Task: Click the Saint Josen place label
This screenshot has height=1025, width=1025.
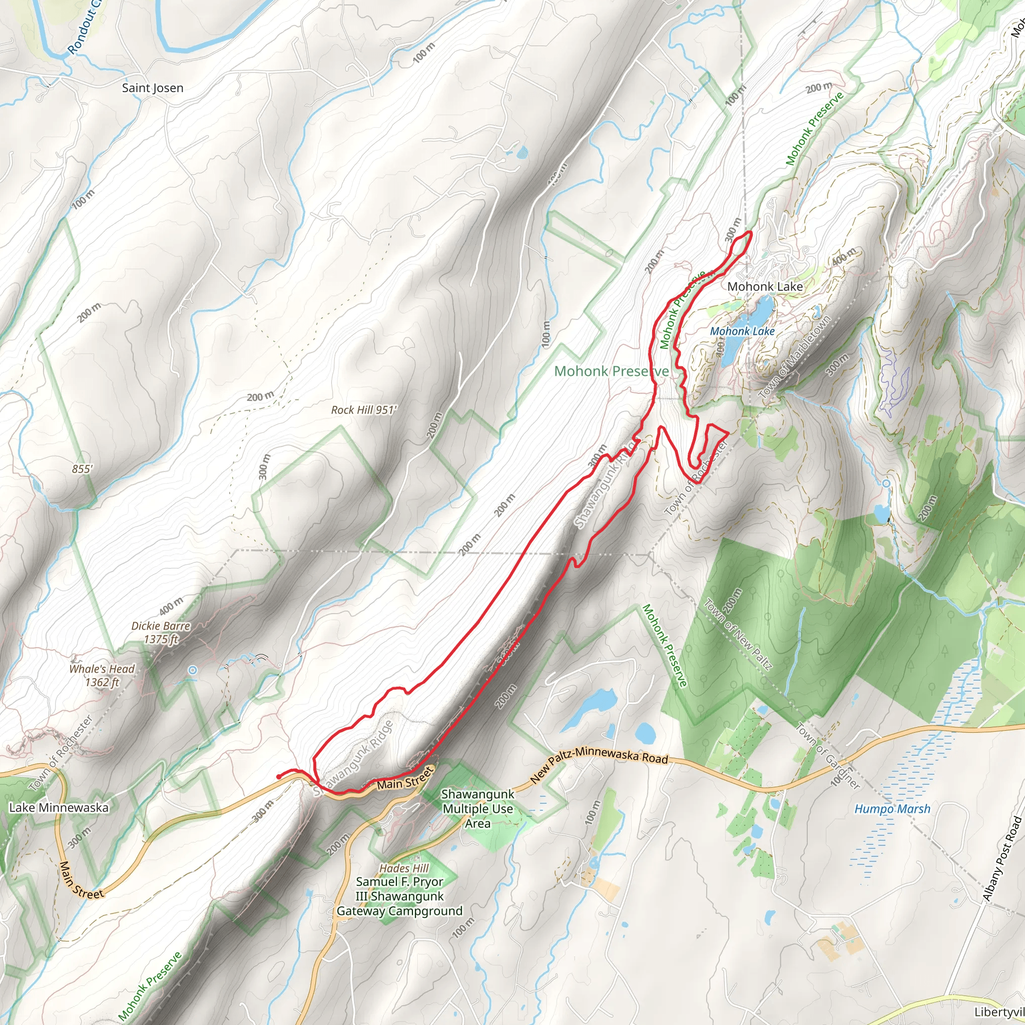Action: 152,88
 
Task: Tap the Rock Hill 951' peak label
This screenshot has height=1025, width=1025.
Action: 363,410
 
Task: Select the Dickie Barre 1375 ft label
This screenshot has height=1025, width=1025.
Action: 161,633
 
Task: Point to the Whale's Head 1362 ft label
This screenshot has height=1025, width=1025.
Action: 102,675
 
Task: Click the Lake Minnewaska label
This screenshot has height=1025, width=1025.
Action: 59,807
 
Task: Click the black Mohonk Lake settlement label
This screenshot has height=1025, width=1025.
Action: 765,286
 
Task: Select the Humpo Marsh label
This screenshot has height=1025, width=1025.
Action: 892,809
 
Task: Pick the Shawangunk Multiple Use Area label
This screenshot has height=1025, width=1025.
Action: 477,809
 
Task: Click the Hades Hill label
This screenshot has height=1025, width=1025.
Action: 404,868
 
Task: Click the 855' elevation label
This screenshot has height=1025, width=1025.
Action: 82,469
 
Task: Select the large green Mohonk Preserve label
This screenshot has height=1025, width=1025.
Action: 611,371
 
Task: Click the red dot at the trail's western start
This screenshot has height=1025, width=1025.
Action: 279,777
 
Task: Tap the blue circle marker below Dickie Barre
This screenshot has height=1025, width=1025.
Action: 193,671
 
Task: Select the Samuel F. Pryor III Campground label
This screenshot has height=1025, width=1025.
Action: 399,896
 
